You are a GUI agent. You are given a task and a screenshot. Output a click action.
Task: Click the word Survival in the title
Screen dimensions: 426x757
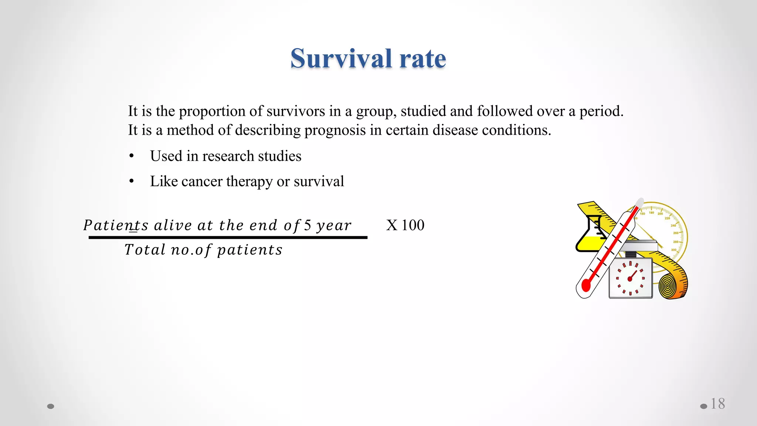point(341,58)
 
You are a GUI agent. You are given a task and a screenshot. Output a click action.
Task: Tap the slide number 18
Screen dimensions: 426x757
point(717,404)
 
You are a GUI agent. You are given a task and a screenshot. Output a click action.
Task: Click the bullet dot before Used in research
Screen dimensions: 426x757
point(132,156)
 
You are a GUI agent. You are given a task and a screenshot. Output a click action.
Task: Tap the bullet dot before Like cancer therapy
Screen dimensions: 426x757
point(132,182)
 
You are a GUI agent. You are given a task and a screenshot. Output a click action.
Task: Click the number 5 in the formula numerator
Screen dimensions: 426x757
point(308,225)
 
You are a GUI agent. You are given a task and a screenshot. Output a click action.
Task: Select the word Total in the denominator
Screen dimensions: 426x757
point(145,250)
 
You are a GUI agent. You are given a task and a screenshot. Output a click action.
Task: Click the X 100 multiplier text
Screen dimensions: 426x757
point(405,225)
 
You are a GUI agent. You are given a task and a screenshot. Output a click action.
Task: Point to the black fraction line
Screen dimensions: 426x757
point(228,237)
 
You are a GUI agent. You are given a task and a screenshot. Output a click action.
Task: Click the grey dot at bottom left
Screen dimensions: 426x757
point(51,406)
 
